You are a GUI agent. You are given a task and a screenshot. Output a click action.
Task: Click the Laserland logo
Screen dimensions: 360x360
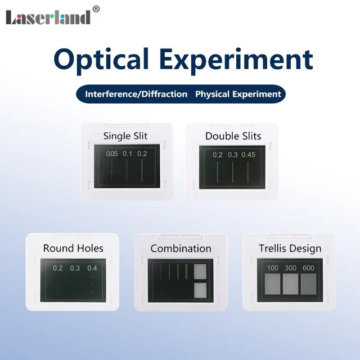click(x=48, y=17)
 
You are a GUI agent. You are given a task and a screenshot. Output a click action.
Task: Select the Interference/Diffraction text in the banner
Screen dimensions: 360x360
click(x=136, y=94)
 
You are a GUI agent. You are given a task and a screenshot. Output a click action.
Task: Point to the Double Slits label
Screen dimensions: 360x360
click(x=233, y=136)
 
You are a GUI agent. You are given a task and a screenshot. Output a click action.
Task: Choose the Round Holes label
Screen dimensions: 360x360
click(x=73, y=248)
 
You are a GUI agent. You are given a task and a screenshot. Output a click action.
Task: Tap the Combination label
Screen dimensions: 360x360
click(x=181, y=248)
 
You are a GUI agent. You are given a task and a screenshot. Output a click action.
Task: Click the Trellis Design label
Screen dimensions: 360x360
click(x=290, y=248)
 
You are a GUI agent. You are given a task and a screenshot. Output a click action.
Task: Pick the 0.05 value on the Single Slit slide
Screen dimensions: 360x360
click(x=112, y=154)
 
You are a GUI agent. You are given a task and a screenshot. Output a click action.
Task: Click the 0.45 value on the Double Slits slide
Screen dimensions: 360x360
click(x=248, y=155)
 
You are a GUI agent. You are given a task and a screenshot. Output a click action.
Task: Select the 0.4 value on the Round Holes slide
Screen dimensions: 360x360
click(x=92, y=268)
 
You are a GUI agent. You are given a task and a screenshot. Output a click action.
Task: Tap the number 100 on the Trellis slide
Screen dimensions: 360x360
click(x=273, y=268)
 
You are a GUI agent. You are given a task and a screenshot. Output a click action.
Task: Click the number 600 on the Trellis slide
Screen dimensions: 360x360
click(x=308, y=268)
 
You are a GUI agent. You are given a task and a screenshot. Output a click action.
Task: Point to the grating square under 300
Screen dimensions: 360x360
click(x=291, y=284)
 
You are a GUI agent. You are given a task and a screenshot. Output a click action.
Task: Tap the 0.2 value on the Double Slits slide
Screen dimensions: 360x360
click(x=218, y=155)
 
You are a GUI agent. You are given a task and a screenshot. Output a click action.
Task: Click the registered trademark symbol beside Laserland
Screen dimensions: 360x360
click(x=96, y=8)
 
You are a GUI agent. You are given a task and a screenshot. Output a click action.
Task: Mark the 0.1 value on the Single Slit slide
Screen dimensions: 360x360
click(x=127, y=154)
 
